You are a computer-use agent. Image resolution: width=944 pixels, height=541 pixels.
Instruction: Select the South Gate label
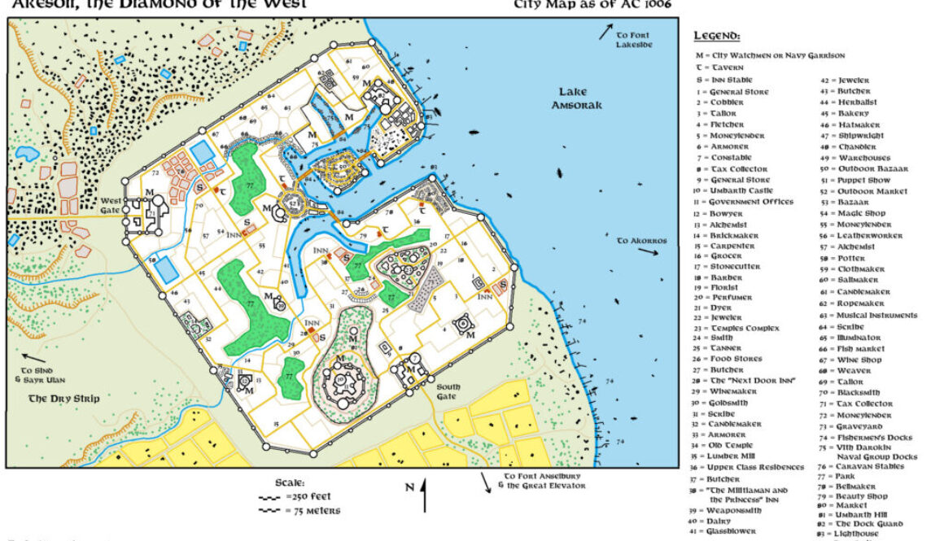pyautogui.click(x=448, y=390)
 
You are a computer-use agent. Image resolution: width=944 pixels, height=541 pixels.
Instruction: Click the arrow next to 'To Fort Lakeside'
pyautogui.click(x=605, y=32)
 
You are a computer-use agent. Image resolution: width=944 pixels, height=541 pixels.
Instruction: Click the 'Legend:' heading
pyautogui.click(x=716, y=36)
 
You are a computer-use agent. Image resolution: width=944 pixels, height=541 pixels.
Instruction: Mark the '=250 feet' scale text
pyautogui.click(x=308, y=496)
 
